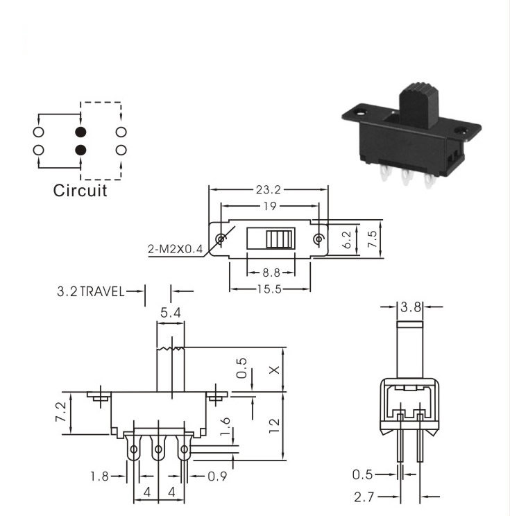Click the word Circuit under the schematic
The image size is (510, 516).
tap(80, 191)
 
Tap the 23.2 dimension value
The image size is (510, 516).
tap(269, 190)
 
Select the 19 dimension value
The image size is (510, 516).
tap(270, 207)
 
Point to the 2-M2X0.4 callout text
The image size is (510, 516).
tap(175, 249)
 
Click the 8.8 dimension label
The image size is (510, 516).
tap(271, 273)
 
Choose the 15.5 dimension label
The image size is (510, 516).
tap(269, 289)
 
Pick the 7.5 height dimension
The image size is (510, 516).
tap(372, 239)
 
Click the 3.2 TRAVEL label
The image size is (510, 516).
tap(91, 291)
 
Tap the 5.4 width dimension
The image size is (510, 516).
tap(171, 313)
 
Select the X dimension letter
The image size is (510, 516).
tap(274, 370)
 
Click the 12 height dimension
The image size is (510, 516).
tap(274, 426)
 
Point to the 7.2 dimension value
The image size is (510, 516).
tap(61, 413)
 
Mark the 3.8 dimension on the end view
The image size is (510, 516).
tap(411, 307)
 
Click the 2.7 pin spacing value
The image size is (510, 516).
tap(364, 497)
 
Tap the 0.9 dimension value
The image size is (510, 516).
tap(217, 476)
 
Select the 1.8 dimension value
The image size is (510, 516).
tap(99, 476)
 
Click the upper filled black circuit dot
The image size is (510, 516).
tap(80, 132)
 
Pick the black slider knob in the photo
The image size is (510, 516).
tap(419, 105)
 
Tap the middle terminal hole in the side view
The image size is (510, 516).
tap(158, 449)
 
